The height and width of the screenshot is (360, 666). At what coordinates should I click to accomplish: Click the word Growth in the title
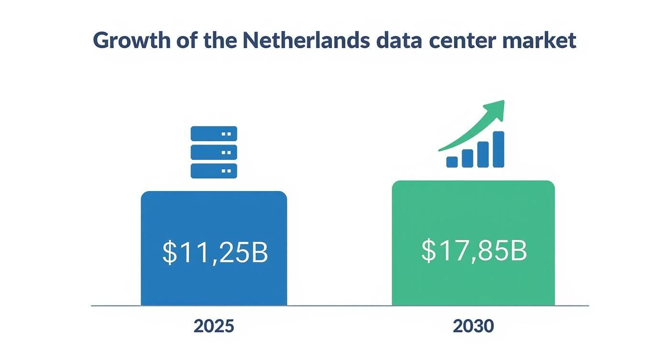pyautogui.click(x=125, y=41)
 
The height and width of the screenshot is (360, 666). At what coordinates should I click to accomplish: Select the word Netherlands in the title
pyautogui.click(x=306, y=40)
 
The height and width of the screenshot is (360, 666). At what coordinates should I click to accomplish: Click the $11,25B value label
pyautogui.click(x=215, y=252)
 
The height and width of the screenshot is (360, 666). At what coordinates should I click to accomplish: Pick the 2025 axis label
pyautogui.click(x=214, y=326)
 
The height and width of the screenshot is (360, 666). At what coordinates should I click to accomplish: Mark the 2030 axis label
pyautogui.click(x=473, y=326)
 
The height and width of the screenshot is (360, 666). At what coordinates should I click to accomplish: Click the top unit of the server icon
pyautogui.click(x=214, y=134)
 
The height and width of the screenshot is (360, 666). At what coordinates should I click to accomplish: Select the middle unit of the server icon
pyautogui.click(x=214, y=152)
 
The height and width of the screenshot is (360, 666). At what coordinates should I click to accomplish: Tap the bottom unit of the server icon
pyautogui.click(x=214, y=171)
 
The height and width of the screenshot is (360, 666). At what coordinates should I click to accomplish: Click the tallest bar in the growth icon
pyautogui.click(x=498, y=149)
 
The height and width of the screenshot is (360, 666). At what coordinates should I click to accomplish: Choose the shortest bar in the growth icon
pyautogui.click(x=452, y=162)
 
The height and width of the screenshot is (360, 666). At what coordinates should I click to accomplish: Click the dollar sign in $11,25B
pyautogui.click(x=169, y=253)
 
